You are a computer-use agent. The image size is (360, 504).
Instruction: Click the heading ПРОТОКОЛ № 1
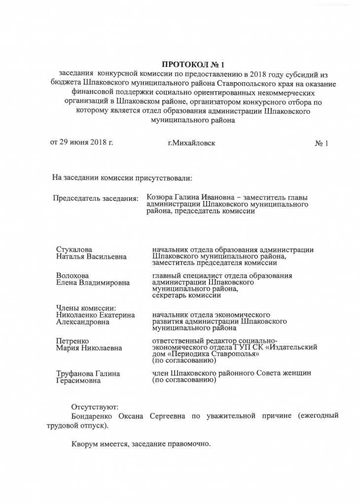coord(189,64)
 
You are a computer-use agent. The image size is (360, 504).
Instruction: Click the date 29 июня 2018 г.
coord(86,143)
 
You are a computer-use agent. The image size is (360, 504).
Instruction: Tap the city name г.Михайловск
coord(191,143)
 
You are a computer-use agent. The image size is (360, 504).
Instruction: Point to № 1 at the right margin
coord(321,143)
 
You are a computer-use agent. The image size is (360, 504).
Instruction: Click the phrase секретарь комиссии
coord(186,296)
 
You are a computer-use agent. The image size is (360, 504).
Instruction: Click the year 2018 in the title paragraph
coord(259,74)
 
